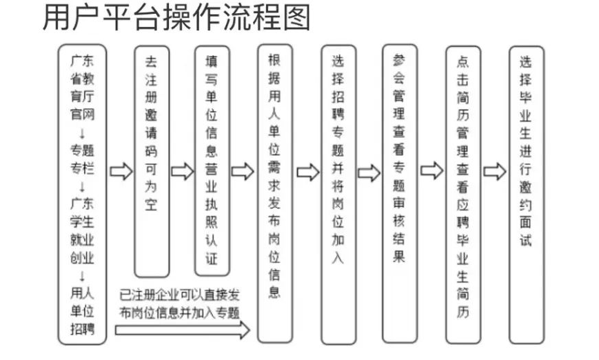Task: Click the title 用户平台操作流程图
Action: pos(176,18)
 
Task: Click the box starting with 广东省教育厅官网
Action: pos(82,194)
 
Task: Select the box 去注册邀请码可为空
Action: pos(152,161)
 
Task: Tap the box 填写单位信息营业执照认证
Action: pos(212,161)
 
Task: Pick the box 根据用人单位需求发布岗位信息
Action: pos(275,194)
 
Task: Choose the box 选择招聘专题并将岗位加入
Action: pos(338,194)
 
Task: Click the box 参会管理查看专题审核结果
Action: pos(400,194)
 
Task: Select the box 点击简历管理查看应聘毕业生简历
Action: pos(463,195)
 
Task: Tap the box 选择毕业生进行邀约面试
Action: pos(527,195)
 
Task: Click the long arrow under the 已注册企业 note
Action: pos(183,330)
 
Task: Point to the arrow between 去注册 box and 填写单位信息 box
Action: pos(183,171)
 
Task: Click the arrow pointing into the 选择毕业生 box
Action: pos(495,171)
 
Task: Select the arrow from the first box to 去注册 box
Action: pos(121,171)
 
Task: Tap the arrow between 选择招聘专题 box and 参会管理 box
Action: pos(369,172)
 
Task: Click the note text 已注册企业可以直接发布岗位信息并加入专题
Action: pos(179,304)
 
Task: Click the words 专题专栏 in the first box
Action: pos(82,159)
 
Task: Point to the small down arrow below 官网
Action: pos(82,133)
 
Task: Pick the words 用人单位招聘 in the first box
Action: pos(82,311)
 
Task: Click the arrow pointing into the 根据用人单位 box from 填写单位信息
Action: pos(243,171)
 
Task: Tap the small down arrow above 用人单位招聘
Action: pos(82,276)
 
